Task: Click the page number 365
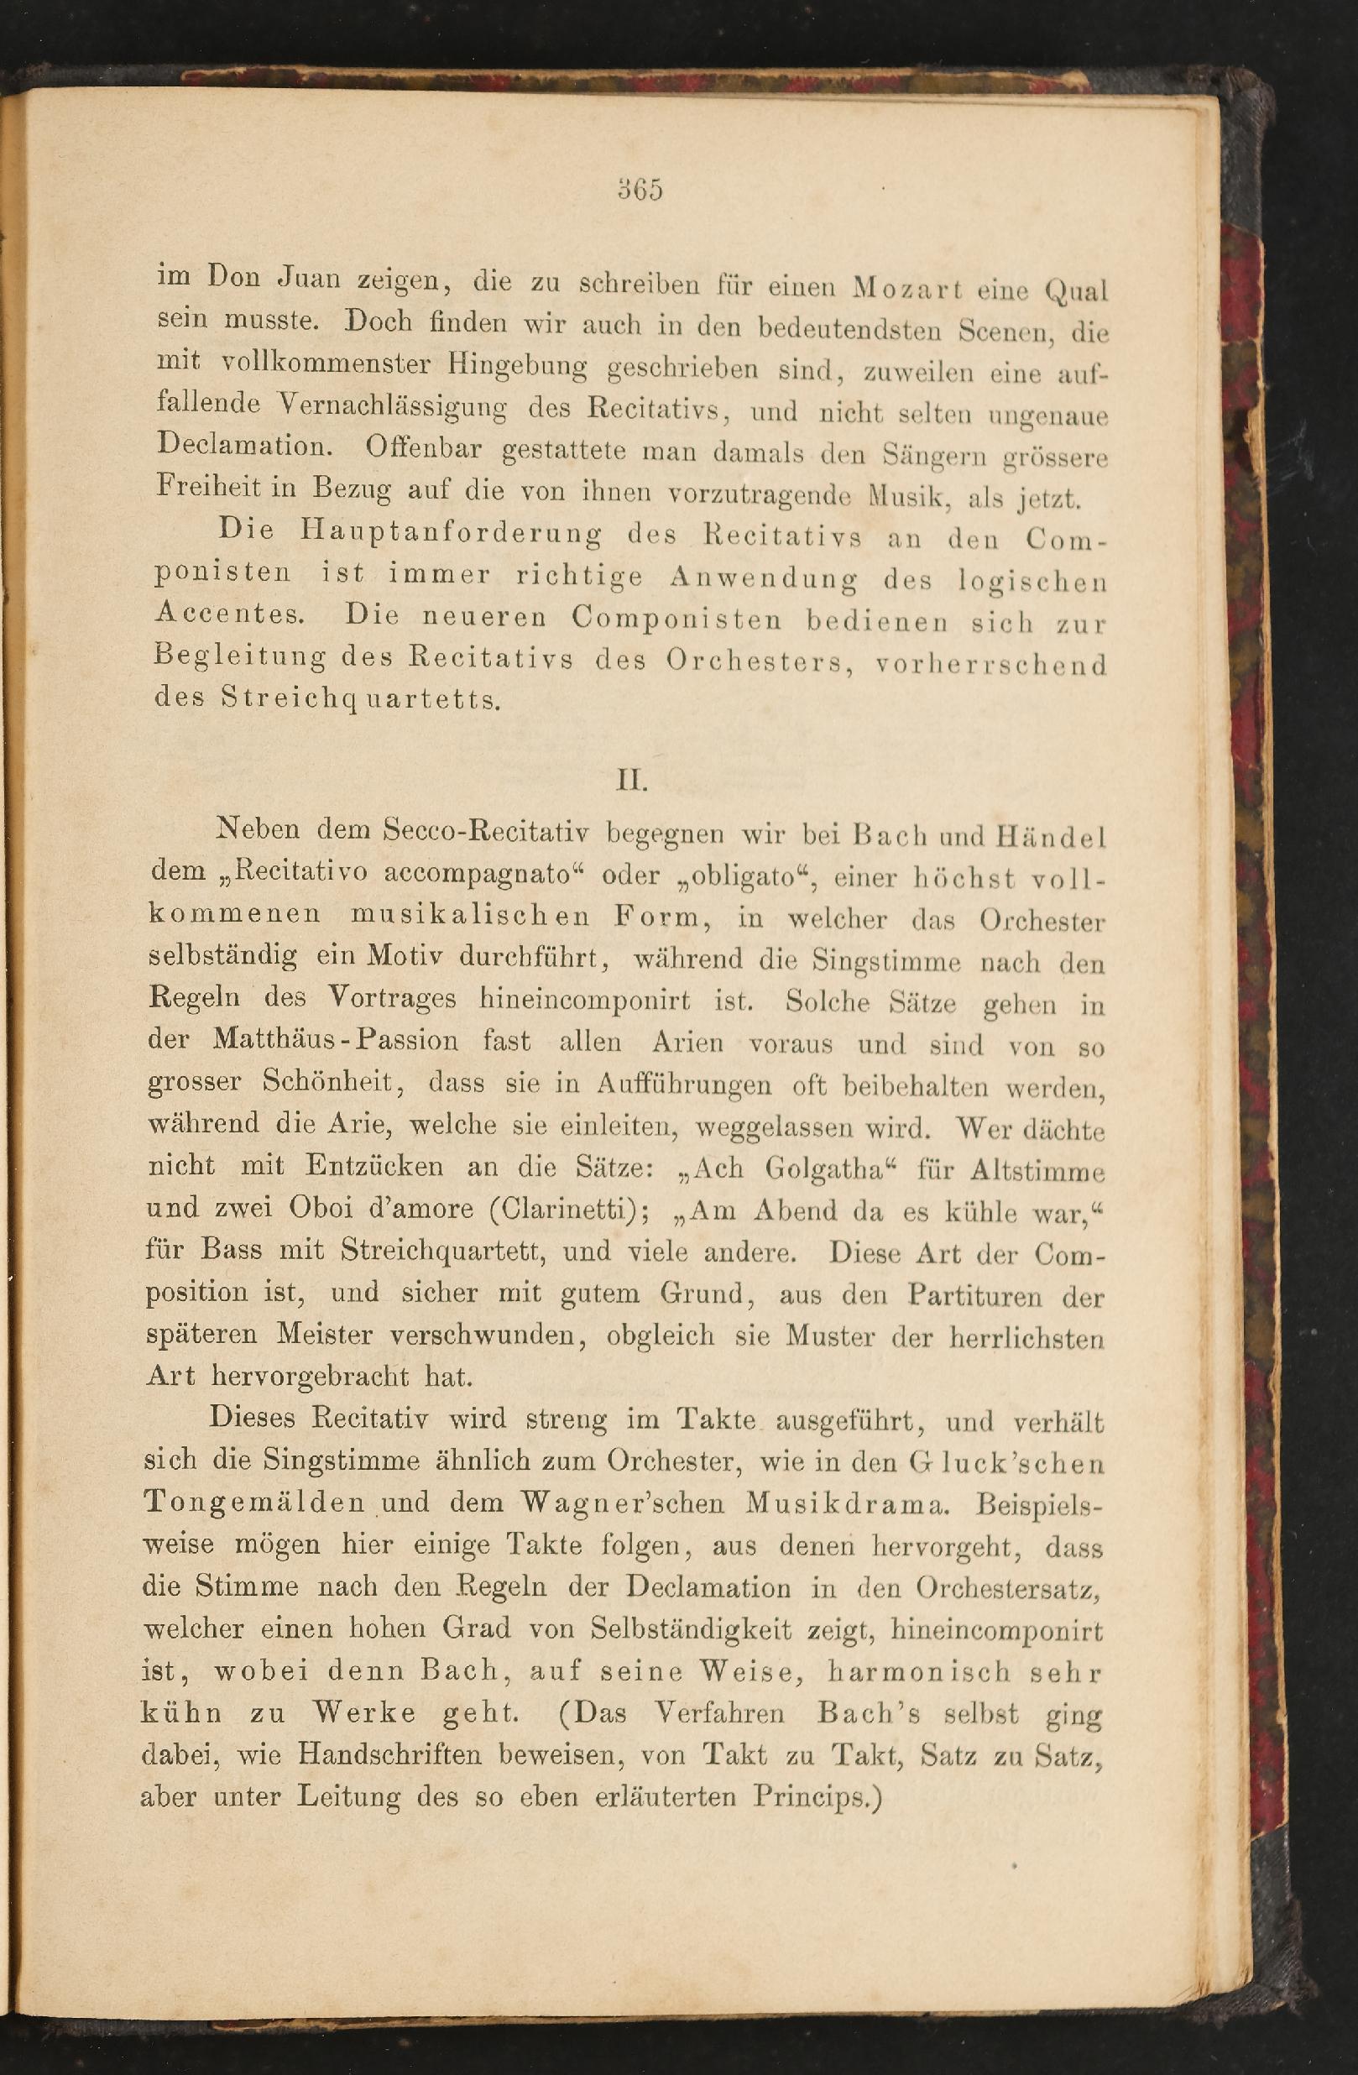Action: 640,189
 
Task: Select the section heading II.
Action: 632,780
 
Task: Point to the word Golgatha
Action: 828,1168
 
